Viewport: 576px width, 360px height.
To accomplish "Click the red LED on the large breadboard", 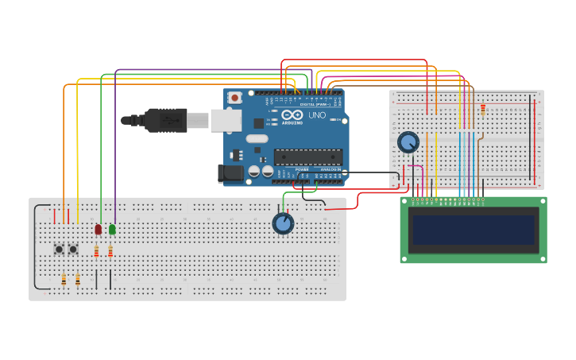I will (x=99, y=229).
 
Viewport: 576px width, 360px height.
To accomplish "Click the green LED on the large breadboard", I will (x=112, y=229).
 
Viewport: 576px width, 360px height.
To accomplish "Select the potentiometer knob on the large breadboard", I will (x=283, y=223).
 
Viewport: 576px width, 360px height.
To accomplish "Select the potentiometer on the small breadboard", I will (x=408, y=142).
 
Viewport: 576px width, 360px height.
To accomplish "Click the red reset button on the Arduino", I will (x=234, y=98).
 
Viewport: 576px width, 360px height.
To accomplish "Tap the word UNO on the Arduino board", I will (x=316, y=115).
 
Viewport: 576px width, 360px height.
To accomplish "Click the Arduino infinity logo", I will (x=292, y=115).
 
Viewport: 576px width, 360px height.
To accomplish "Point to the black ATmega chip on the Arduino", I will (x=307, y=157).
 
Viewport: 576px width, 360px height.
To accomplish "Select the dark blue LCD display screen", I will (x=473, y=230).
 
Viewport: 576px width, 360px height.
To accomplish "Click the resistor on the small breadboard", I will (x=482, y=110).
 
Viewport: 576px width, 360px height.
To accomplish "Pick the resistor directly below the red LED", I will (x=96, y=252).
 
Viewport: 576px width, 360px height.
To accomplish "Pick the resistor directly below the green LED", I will (x=110, y=252).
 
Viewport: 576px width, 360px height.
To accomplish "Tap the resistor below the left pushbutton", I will (x=64, y=279).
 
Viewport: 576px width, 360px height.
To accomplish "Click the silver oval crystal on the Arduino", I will (x=257, y=139).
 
